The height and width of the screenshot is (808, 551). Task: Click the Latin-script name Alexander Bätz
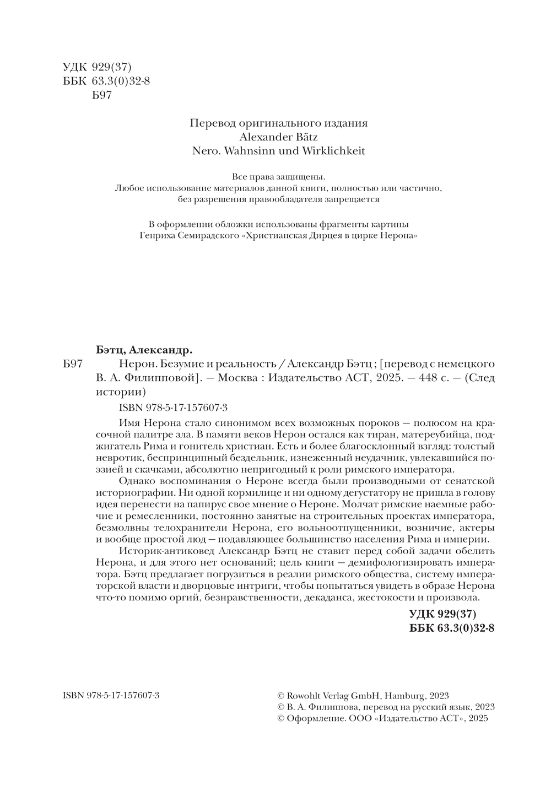pyautogui.click(x=279, y=137)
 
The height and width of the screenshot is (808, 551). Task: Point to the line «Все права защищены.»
pyautogui.click(x=279, y=177)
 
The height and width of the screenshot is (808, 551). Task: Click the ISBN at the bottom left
pyautogui.click(x=107, y=696)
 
